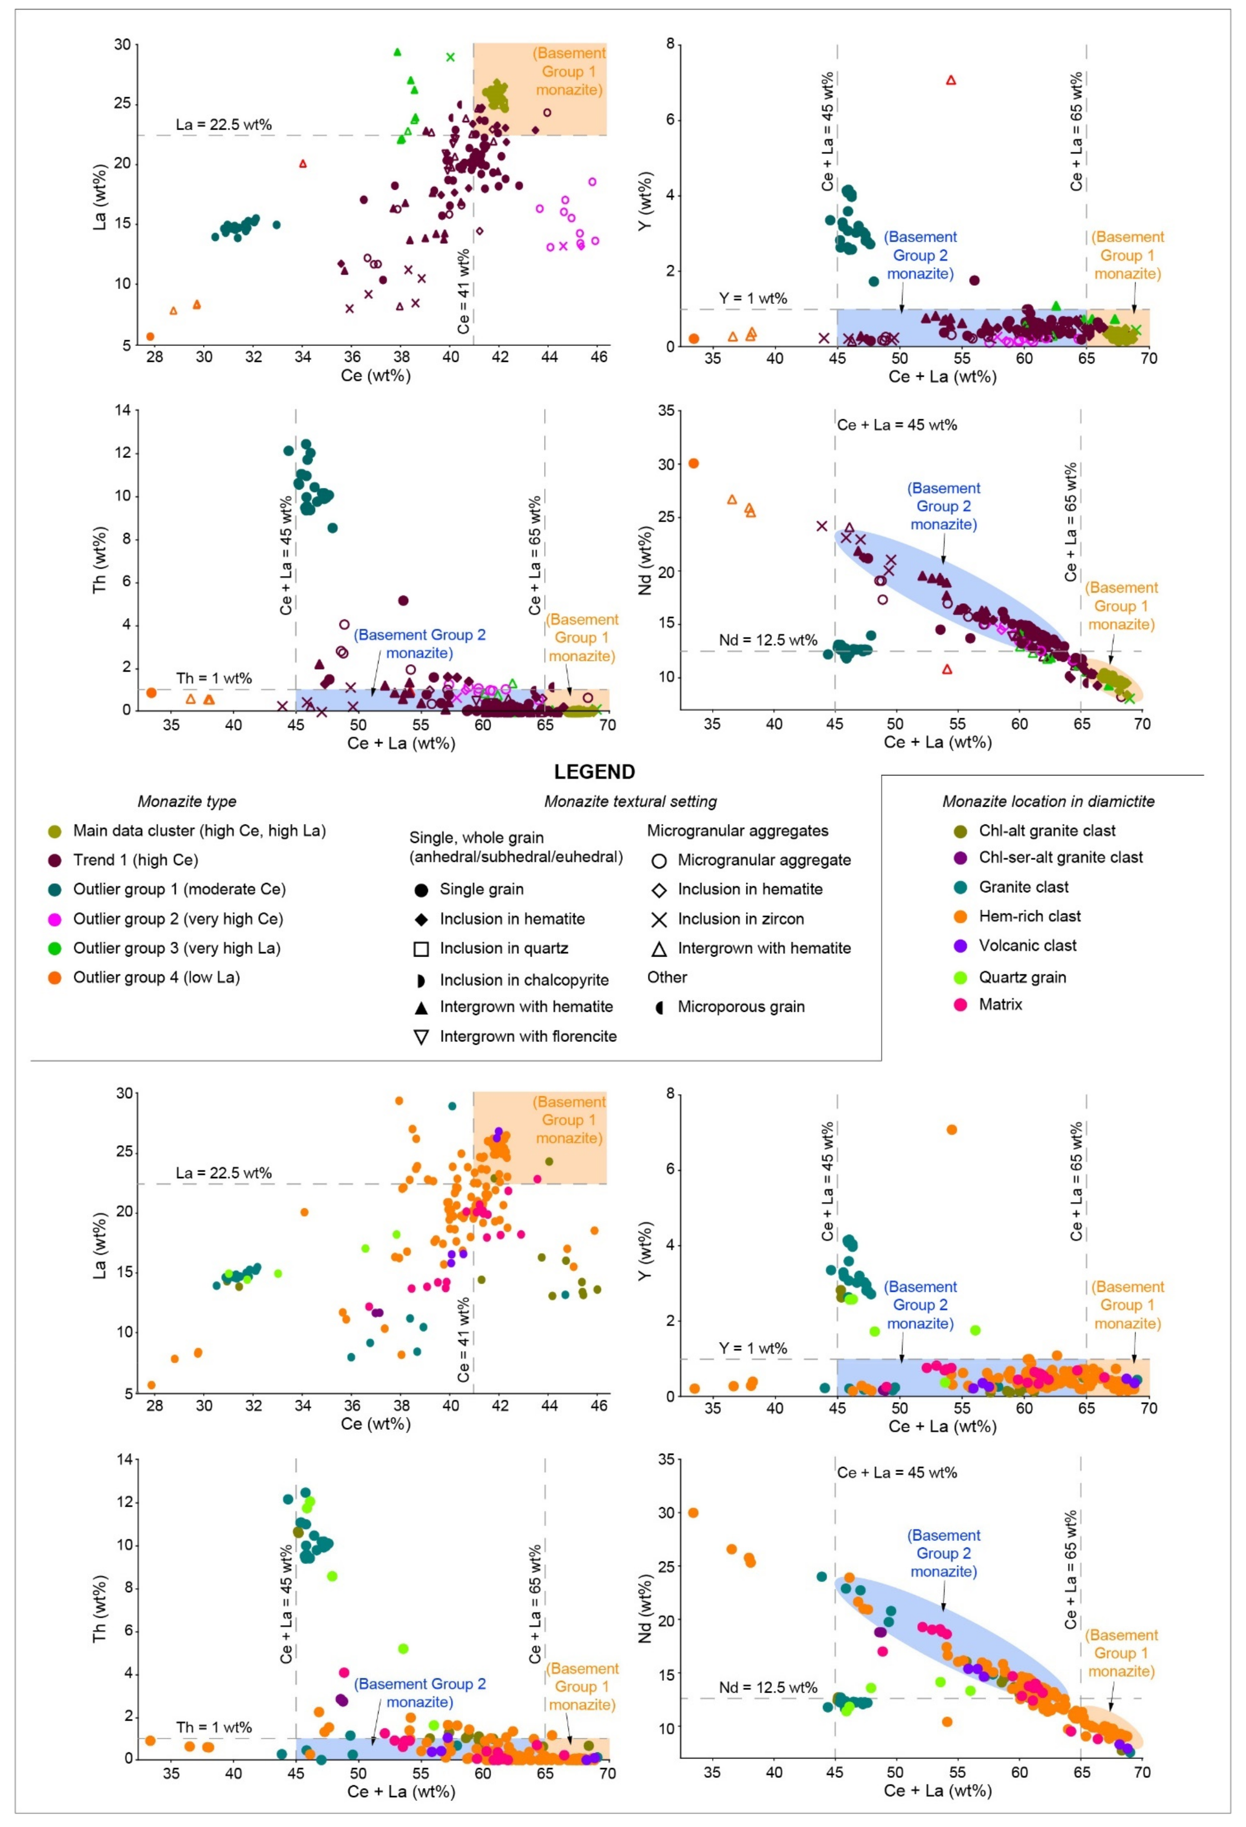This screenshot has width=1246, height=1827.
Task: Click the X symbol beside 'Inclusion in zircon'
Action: coord(659,919)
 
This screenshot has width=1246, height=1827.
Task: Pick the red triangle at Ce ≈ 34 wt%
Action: coord(303,163)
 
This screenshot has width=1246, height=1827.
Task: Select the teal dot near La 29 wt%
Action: coord(452,1106)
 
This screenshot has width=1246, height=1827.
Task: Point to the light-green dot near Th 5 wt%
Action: coord(403,1648)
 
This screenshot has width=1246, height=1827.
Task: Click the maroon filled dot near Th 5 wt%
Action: coord(403,601)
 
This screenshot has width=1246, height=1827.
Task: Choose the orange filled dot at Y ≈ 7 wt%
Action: coord(951,1130)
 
